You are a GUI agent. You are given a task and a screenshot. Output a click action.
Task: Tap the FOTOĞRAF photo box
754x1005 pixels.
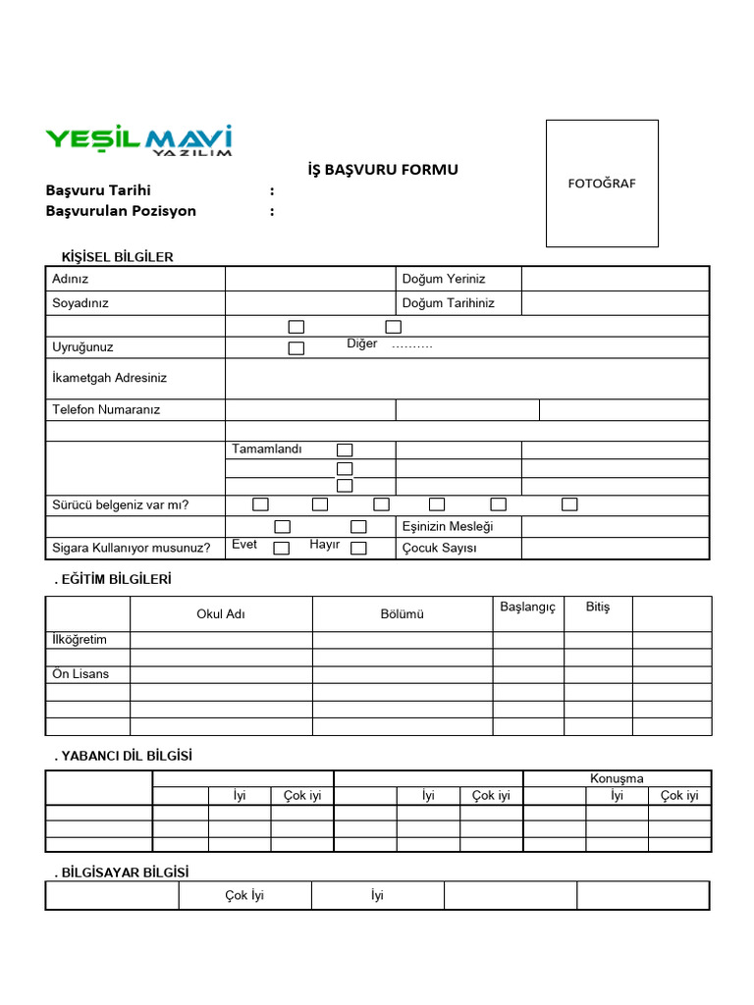pos(602,183)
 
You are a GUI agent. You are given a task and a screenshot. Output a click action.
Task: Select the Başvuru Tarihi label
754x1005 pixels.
pos(98,190)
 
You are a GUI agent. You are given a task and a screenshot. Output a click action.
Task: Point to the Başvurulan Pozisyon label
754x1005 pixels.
pos(121,211)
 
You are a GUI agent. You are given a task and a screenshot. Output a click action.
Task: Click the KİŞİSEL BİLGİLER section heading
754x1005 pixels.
pos(117,257)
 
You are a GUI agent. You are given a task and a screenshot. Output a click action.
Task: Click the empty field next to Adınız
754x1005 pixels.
pos(310,279)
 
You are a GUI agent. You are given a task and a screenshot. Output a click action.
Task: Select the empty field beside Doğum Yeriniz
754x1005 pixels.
pos(615,279)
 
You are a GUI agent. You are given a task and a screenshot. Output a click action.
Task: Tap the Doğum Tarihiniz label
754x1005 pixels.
pos(448,303)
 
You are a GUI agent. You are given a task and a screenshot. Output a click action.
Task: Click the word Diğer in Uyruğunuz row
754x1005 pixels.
pos(362,344)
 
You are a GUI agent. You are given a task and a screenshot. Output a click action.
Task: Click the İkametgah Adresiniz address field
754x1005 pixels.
pos(466,378)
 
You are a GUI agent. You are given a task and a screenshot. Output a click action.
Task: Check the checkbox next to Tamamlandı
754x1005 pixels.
pos(345,450)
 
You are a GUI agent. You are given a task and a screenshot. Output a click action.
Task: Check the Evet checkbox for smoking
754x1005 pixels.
pos(281,548)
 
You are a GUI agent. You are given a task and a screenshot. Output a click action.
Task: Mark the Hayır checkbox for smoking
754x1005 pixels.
pos(358,548)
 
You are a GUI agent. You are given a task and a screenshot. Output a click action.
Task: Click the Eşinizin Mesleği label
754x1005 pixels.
pos(448,526)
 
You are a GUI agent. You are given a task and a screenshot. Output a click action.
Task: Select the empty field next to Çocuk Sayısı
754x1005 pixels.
pos(615,548)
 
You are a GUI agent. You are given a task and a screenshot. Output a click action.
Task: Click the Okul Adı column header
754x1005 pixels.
pos(221,614)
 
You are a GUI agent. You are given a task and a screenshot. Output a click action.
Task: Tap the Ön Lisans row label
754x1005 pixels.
pos(81,674)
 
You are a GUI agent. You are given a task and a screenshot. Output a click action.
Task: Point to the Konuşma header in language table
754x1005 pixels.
pos(617,778)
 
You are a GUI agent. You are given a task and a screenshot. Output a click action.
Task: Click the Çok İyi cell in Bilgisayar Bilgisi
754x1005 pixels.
pos(244,895)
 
